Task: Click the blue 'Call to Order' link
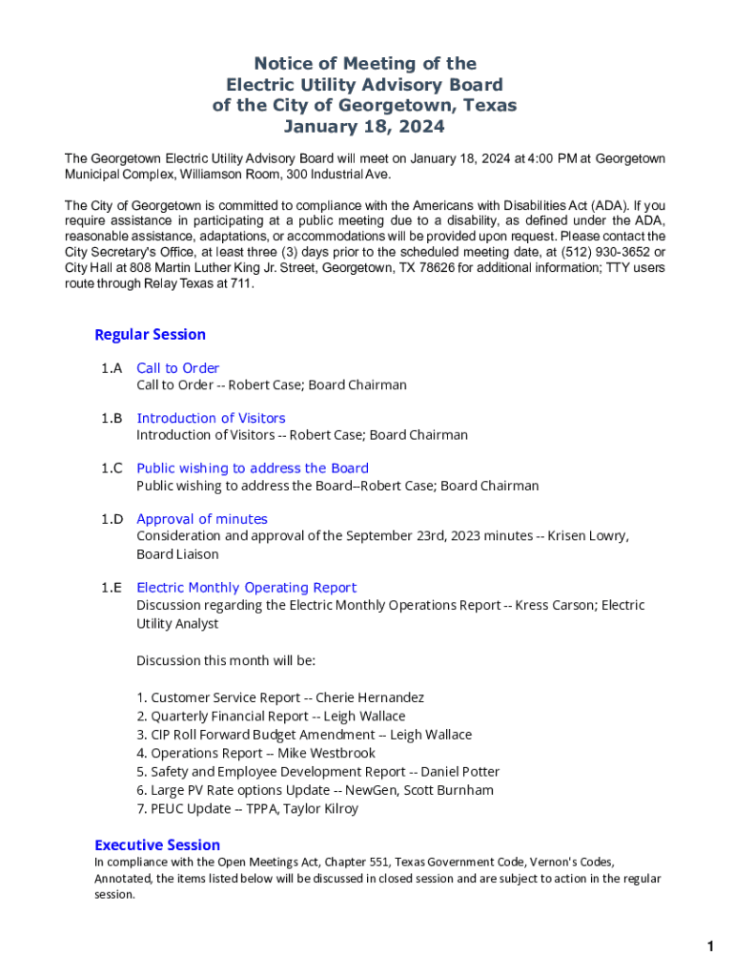[177, 368]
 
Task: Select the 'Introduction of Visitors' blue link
[211, 418]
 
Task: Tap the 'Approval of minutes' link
[202, 519]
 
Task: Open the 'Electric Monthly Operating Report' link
[246, 588]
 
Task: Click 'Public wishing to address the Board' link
[253, 468]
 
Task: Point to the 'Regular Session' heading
[150, 334]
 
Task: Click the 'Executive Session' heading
[157, 844]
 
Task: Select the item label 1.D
[112, 519]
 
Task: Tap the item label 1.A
[112, 368]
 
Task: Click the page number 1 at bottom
[710, 946]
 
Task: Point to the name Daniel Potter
[460, 771]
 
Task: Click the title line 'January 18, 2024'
[364, 127]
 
